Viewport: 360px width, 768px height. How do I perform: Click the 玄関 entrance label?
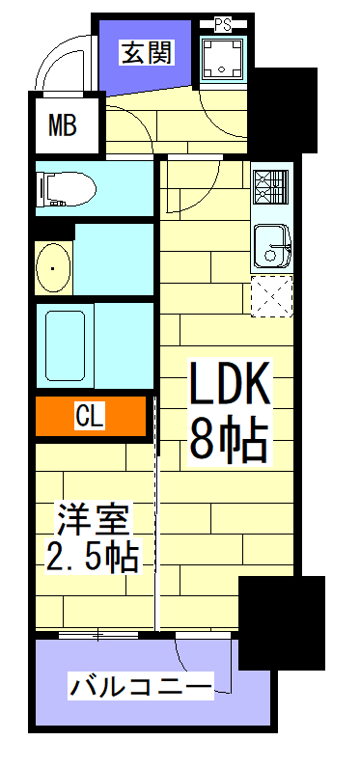(147, 52)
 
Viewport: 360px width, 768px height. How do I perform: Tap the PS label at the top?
(223, 22)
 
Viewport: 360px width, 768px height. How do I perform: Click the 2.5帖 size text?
(92, 556)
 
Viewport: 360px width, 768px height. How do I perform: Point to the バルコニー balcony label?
(140, 688)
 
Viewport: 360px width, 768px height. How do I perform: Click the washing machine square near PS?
(223, 59)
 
